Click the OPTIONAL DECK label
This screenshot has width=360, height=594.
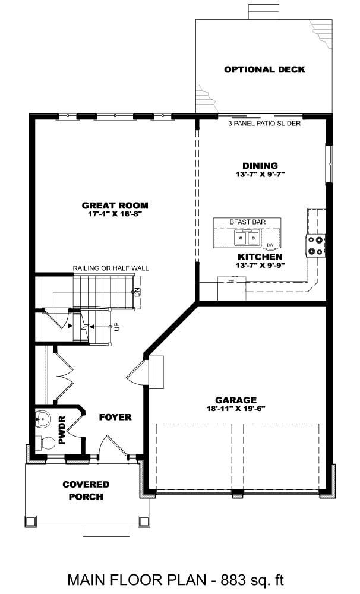pos(264,69)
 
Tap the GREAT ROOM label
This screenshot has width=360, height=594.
pos(115,206)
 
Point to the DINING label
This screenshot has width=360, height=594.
pos(260,166)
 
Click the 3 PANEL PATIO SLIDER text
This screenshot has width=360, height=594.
pos(264,124)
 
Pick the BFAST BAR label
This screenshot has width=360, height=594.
pos(247,222)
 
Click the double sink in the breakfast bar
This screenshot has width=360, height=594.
pos(247,238)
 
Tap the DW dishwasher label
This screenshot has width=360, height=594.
pos(270,245)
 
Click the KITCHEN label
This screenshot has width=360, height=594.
pos(260,257)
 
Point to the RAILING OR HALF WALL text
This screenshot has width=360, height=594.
pos(110,268)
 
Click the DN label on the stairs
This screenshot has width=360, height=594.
pos(137,292)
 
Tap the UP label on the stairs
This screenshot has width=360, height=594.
pos(116,326)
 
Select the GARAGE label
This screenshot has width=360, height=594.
pos(236,400)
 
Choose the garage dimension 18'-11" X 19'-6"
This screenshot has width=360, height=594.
pos(236,408)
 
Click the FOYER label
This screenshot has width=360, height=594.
pos(115,417)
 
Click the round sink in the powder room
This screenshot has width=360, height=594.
pos(42,419)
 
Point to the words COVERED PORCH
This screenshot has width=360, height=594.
pos(86,491)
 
